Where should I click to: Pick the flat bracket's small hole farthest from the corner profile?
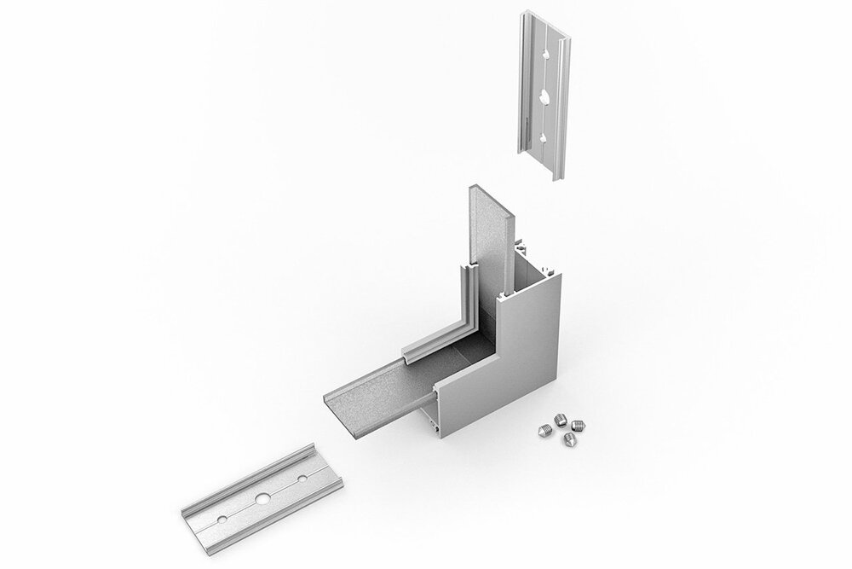(222, 519)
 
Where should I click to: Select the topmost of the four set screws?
(560, 418)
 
